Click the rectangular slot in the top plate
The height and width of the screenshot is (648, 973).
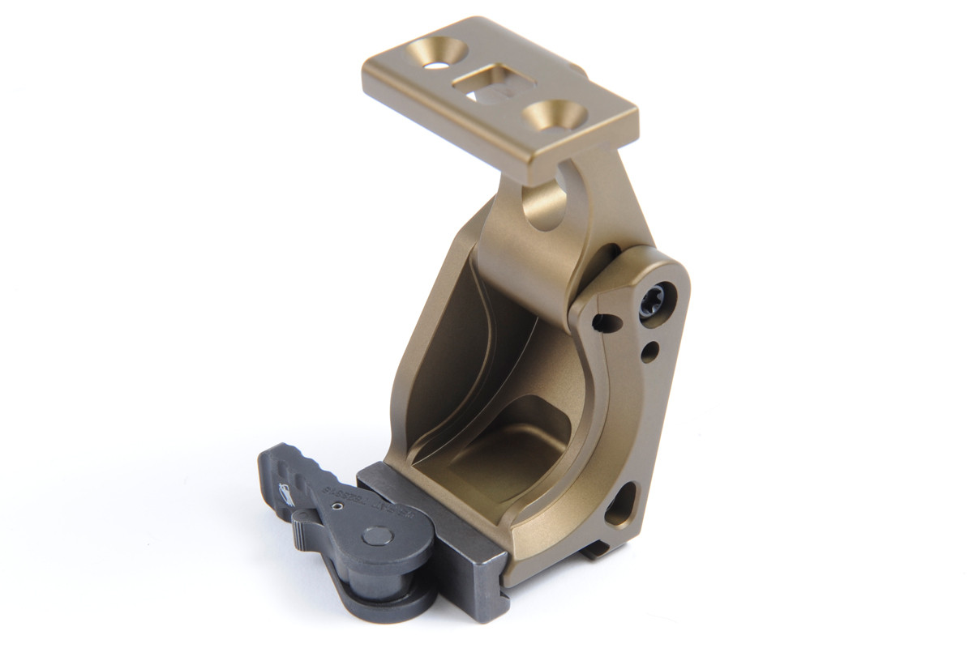click(x=489, y=83)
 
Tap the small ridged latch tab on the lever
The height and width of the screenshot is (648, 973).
click(x=304, y=528)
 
